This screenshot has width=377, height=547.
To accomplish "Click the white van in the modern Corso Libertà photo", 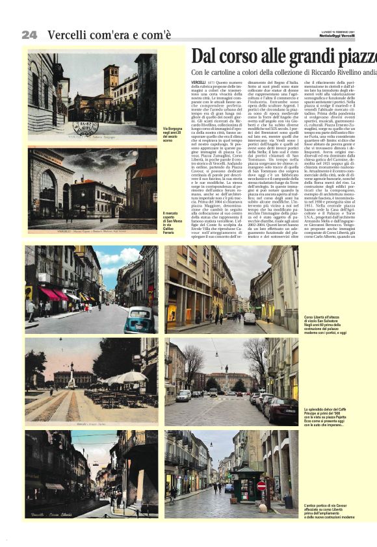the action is pos(250,318).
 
